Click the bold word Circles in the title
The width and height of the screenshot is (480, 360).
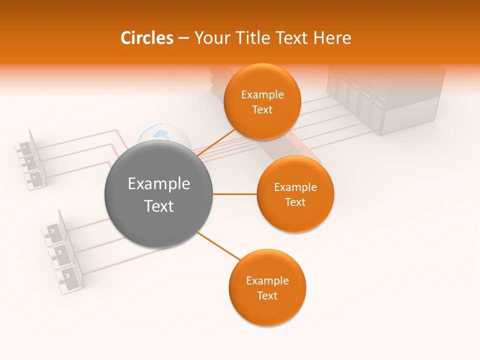146,38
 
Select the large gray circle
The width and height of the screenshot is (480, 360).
158,194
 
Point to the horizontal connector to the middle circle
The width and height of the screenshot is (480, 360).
234,194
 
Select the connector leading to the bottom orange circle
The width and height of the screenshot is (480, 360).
218,246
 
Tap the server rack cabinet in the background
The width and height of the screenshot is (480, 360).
385,100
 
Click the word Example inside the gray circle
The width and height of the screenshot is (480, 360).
158,184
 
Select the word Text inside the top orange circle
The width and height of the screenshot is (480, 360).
262,110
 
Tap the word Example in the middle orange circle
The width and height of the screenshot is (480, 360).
295,187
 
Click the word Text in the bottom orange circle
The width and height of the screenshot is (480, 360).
267,296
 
